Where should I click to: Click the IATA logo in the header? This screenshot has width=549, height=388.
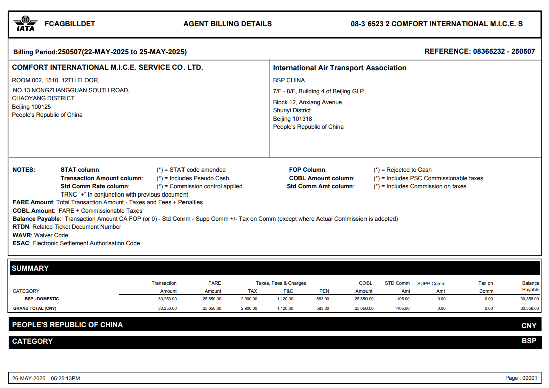tap(25, 23)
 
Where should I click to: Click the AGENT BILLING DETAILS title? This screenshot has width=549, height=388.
tap(227, 24)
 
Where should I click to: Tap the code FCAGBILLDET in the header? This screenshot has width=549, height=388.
tap(70, 24)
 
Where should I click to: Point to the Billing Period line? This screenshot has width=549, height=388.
tap(100, 52)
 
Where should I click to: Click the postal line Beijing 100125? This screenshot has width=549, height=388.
tap(31, 107)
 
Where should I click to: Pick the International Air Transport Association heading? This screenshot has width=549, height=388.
tap(339, 68)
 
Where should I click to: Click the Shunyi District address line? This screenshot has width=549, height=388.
tap(292, 110)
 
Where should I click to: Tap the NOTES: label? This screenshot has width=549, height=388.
tap(24, 170)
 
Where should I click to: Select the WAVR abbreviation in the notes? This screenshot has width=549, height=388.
tap(22, 235)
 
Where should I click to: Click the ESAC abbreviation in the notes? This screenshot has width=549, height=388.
tap(22, 243)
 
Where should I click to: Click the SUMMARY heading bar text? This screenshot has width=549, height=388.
tap(30, 268)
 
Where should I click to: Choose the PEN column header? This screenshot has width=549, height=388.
tap(324, 291)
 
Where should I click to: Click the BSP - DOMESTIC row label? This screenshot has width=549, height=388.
tap(42, 299)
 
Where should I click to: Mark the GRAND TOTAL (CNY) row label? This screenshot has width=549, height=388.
tap(35, 308)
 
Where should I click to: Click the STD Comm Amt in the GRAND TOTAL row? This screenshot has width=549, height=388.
tap(402, 308)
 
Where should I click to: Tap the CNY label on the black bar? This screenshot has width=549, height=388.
tap(529, 326)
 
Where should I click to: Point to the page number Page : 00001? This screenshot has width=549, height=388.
tap(521, 378)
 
